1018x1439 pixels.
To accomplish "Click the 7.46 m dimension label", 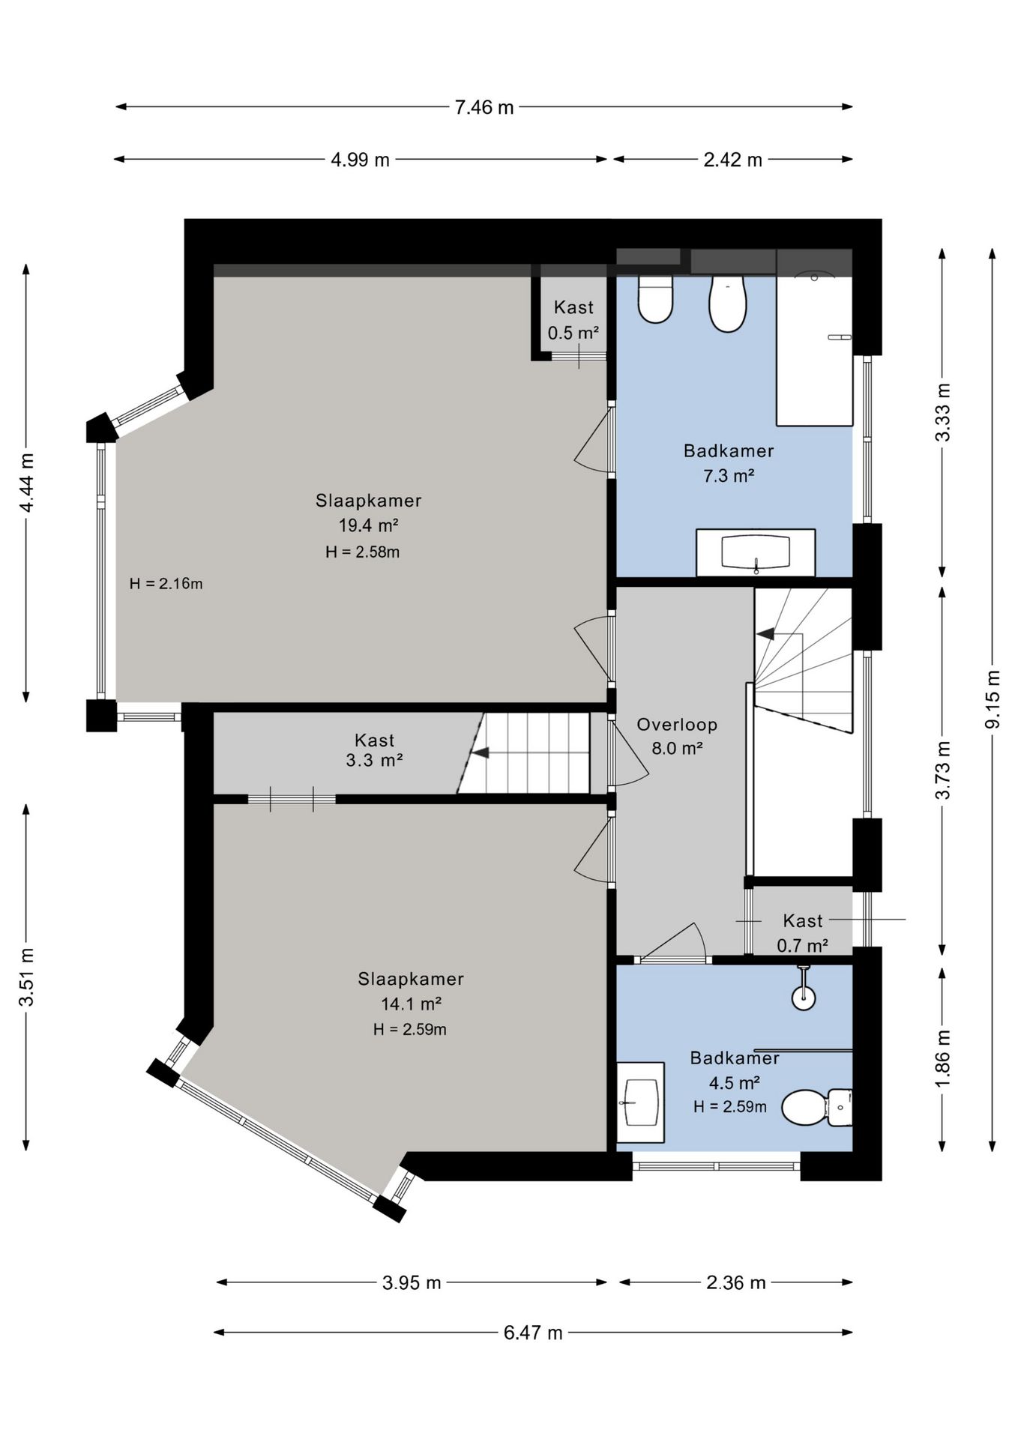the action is pyautogui.click(x=484, y=107).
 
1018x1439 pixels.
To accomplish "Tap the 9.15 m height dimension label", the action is pyautogui.click(x=993, y=699).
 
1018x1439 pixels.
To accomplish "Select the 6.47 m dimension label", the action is pyautogui.click(x=533, y=1333).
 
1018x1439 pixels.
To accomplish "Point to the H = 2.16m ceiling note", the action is pyautogui.click(x=166, y=583).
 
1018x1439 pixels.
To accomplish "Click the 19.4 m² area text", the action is pyautogui.click(x=368, y=525).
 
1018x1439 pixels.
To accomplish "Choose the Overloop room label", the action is pyautogui.click(x=677, y=725).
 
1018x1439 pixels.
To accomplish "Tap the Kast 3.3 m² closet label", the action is pyautogui.click(x=374, y=750).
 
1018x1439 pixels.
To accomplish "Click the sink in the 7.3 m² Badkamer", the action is pyautogui.click(x=756, y=553).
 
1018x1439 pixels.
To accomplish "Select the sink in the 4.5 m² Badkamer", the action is pyautogui.click(x=641, y=1102).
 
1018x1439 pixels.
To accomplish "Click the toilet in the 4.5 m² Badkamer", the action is pyautogui.click(x=816, y=1108).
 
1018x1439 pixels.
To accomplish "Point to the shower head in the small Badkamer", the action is pyautogui.click(x=804, y=990).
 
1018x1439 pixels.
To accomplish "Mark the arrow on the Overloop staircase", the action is pyautogui.click(x=765, y=634).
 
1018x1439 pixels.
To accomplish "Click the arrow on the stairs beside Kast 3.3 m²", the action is pyautogui.click(x=480, y=752).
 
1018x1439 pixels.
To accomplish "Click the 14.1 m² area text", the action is pyautogui.click(x=411, y=1004).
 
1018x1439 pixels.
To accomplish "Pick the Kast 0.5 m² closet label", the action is pyautogui.click(x=573, y=320).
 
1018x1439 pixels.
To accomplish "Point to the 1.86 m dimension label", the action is pyautogui.click(x=943, y=1058).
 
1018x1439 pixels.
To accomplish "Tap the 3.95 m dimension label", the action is pyautogui.click(x=412, y=1282).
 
